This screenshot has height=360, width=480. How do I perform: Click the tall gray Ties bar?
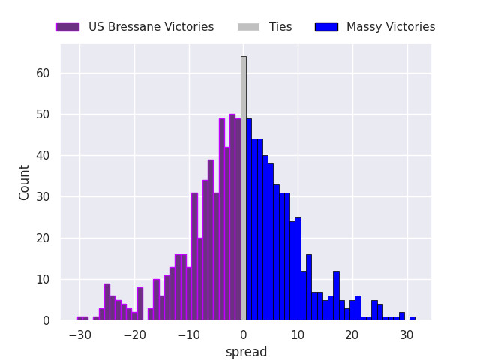tap(243, 187)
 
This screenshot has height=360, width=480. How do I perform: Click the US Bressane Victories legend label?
tap(151, 27)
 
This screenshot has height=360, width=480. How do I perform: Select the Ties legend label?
tap(280, 27)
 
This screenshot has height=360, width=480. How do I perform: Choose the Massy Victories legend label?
tap(391, 27)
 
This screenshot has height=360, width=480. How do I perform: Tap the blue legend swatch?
tap(326, 27)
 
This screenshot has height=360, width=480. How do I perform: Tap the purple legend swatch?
tap(67, 27)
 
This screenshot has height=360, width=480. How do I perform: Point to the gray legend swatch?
tap(248, 27)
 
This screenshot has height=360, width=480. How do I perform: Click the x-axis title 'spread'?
tap(246, 352)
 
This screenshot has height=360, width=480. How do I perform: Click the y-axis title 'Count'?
tap(25, 182)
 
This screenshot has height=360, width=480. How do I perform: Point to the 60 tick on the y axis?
tap(43, 73)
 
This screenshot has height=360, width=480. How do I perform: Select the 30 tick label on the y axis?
tap(43, 197)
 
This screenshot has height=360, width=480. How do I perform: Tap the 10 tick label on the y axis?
tap(43, 280)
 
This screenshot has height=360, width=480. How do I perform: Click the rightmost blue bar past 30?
tap(412, 318)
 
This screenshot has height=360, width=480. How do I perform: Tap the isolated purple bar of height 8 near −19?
tap(139, 304)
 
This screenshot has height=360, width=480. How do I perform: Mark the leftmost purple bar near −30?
tap(82, 318)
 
